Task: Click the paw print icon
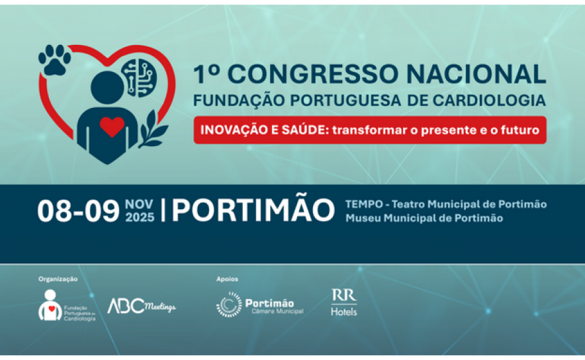click(x=55, y=60)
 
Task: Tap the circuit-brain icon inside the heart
click(x=139, y=78)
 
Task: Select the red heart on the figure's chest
click(x=112, y=126)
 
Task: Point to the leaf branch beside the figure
click(x=153, y=129)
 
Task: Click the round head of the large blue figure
click(x=107, y=87)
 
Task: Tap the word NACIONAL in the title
click(x=476, y=74)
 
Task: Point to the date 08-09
click(x=78, y=211)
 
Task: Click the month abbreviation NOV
click(x=139, y=204)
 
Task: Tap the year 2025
click(x=140, y=218)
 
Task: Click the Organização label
click(x=58, y=279)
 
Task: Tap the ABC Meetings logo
click(x=142, y=306)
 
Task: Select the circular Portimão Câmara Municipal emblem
click(x=229, y=304)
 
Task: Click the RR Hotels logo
click(x=344, y=302)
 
